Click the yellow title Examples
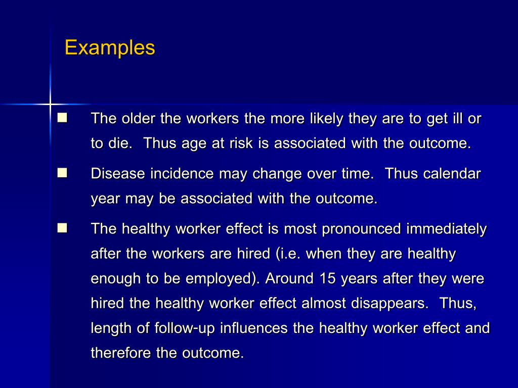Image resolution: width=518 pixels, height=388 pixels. (110, 48)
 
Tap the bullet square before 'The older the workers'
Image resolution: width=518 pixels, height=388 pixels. (62, 118)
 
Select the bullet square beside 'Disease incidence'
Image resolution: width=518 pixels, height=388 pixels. (62, 173)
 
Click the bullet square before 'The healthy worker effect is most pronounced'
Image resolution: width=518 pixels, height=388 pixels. (62, 228)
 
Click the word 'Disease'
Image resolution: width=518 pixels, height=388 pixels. (118, 174)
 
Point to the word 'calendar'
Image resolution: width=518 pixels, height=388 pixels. (452, 174)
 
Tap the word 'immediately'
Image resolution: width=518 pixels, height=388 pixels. (446, 229)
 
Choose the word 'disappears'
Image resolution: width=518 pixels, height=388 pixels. (387, 303)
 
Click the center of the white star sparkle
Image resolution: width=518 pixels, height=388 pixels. (50, 105)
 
